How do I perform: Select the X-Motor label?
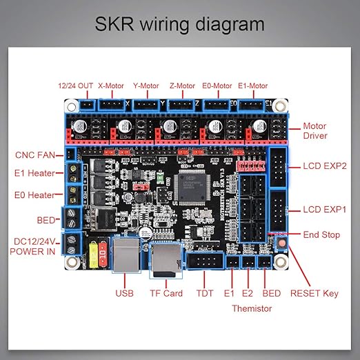(x=111, y=87)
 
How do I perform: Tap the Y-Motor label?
(x=146, y=87)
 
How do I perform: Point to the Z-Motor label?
(x=182, y=87)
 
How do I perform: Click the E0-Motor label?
(x=218, y=87)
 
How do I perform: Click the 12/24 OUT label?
(x=75, y=87)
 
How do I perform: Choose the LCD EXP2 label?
(x=324, y=166)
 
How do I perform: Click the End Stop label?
(x=321, y=234)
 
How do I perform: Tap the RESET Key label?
(x=314, y=293)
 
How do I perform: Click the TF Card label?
(x=166, y=293)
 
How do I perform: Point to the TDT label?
(x=206, y=293)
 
